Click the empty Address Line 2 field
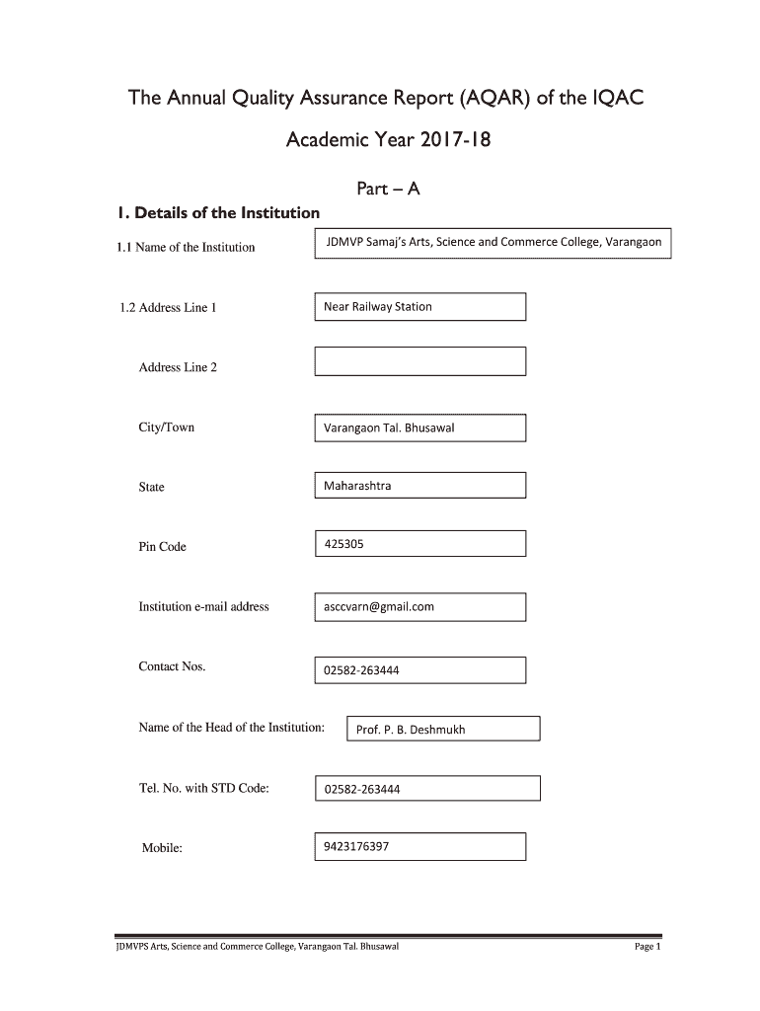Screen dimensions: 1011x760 (x=419, y=361)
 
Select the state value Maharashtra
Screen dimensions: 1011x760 (x=357, y=486)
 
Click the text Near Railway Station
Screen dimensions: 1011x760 (x=378, y=306)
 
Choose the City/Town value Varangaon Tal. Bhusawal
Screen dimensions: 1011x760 (x=389, y=428)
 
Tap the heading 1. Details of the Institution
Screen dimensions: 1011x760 (x=217, y=213)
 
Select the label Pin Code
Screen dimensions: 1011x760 (x=162, y=547)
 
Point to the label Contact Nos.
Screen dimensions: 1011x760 (x=172, y=667)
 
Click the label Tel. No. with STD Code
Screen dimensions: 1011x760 (x=204, y=788)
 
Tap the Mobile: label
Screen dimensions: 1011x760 (x=163, y=848)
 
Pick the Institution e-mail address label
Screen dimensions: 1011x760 (x=203, y=607)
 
